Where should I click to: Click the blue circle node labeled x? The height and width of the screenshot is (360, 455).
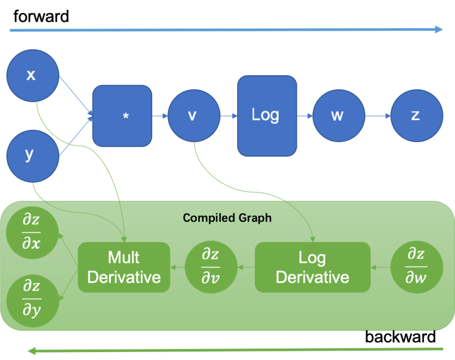32,75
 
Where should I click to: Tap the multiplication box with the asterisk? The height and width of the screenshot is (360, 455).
122,116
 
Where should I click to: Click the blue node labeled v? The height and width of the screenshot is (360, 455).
194,116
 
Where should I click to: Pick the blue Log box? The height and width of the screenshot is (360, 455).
267,115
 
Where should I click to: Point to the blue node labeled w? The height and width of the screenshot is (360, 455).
339,116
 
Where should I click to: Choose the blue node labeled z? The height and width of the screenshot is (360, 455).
417,115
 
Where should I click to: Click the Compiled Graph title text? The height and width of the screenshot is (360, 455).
227,218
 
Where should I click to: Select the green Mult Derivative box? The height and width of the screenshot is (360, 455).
124,267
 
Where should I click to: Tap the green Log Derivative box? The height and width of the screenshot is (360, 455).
312,267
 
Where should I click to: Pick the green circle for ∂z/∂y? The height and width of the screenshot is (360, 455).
32,300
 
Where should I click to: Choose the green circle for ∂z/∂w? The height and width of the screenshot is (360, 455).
416,267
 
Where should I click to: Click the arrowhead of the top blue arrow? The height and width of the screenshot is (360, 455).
439,29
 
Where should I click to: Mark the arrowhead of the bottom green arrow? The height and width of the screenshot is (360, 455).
30,350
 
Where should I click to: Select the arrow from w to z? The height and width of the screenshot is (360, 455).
378,116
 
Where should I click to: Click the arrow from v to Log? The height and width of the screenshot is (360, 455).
229,116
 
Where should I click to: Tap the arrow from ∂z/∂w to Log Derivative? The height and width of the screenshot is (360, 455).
380,267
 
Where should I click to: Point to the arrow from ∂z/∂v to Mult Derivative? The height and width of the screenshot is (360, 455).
177,267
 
